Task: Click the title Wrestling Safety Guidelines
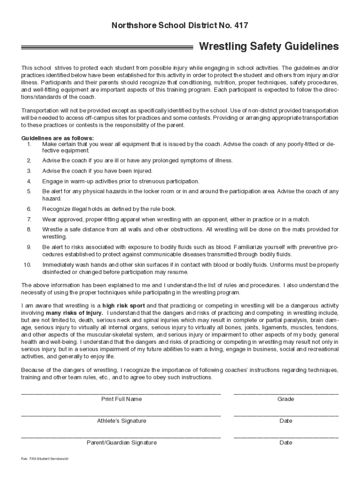[269, 47]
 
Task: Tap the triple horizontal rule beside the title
[107, 47]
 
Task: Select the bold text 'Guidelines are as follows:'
[58, 138]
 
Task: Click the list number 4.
[29, 181]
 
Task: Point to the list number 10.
[27, 265]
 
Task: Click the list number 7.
[29, 219]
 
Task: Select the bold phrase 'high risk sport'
[123, 305]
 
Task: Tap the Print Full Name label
[122, 399]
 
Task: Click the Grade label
[286, 399]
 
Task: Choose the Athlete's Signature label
[122, 421]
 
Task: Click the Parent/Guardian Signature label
[122, 443]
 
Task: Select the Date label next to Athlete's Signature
[286, 421]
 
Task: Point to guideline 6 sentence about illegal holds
[109, 209]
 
